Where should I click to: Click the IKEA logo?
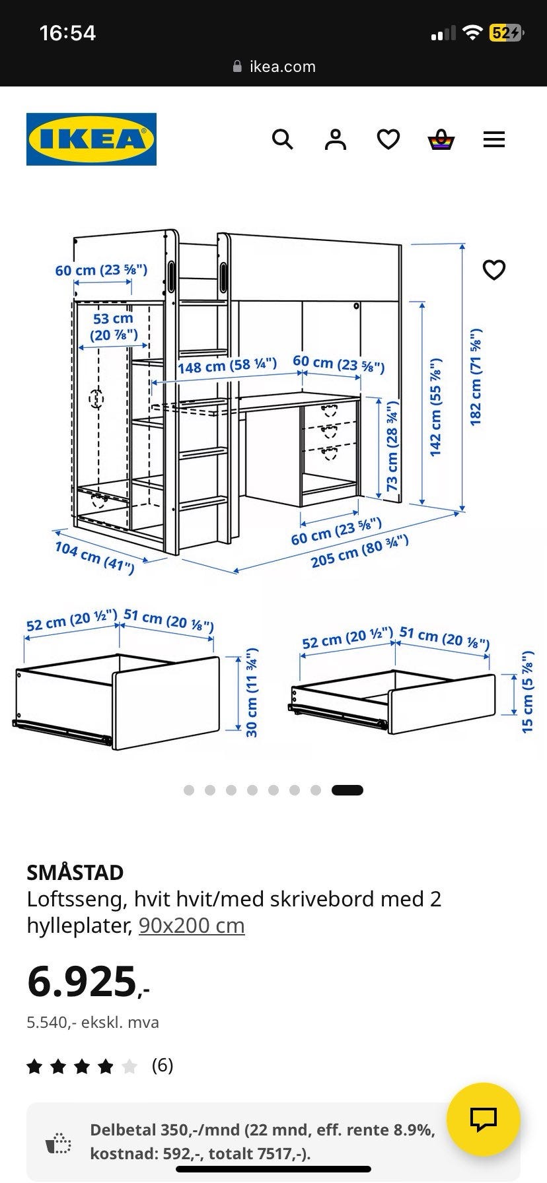pyautogui.click(x=91, y=139)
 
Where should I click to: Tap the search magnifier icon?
pyautogui.click(x=283, y=139)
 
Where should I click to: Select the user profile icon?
pyautogui.click(x=336, y=139)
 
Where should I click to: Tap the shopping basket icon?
pyautogui.click(x=441, y=139)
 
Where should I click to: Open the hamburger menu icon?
pyautogui.click(x=494, y=139)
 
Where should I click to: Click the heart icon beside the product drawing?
pyautogui.click(x=494, y=270)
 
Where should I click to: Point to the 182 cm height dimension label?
pyautogui.click(x=476, y=377)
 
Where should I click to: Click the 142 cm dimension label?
pyautogui.click(x=435, y=407)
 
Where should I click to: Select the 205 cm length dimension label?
pyautogui.click(x=360, y=551)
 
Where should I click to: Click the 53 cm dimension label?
pyautogui.click(x=114, y=327)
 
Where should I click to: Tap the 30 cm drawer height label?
pyautogui.click(x=252, y=693)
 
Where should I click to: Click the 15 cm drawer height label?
pyautogui.click(x=527, y=692)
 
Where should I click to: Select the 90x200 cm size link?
pyautogui.click(x=192, y=926)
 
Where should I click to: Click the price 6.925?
pyautogui.click(x=89, y=982)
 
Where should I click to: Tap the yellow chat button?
pyautogui.click(x=484, y=1119)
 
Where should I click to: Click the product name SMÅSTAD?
pyautogui.click(x=75, y=873)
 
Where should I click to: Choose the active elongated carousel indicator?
pyautogui.click(x=347, y=790)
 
